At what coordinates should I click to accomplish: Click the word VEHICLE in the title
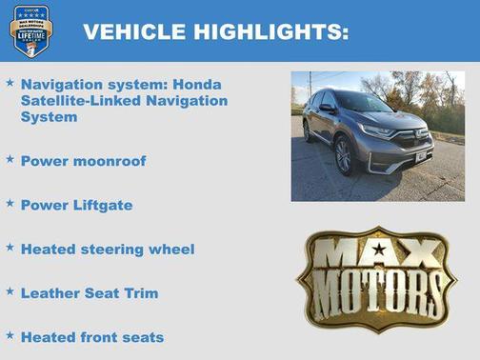pos(132,31)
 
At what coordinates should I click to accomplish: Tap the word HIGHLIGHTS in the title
pos(270,31)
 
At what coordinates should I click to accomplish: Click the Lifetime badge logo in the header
pos(30,30)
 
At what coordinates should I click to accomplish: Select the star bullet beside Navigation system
pos(10,83)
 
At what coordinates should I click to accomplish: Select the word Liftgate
pos(99,205)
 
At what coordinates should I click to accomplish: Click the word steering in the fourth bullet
pos(110,250)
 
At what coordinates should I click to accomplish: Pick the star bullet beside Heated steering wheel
pos(10,248)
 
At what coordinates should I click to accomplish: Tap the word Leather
pos(48,293)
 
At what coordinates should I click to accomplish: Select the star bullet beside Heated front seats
pos(10,335)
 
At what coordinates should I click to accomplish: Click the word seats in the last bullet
pos(142,337)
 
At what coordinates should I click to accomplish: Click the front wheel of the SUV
pos(343,155)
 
